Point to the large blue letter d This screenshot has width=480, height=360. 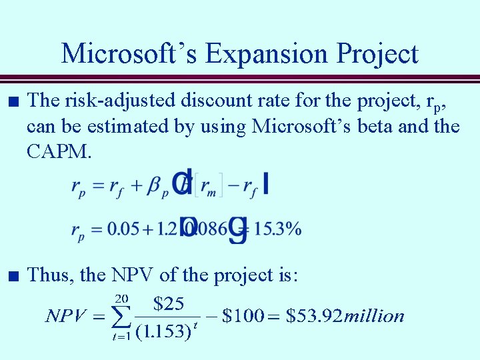182,183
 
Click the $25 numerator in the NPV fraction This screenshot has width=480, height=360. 169,304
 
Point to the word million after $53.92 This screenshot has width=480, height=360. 373,316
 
